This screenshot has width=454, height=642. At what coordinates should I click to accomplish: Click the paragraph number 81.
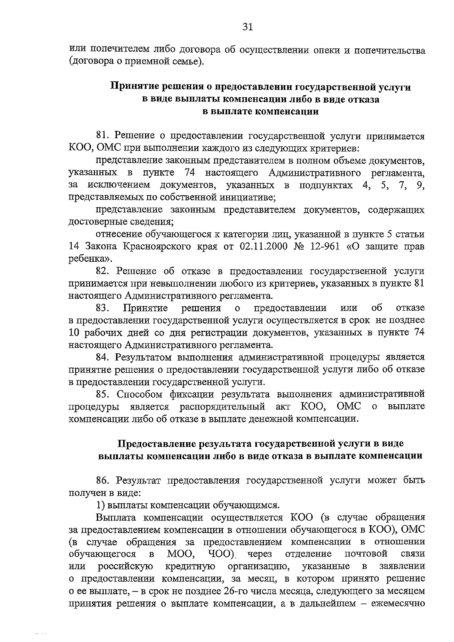point(103,136)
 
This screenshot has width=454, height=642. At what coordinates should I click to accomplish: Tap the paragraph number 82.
point(103,271)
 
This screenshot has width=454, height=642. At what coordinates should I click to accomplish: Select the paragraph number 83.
point(103,308)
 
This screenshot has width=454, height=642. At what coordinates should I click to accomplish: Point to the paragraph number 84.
point(103,357)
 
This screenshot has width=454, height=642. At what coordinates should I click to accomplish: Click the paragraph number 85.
point(103,394)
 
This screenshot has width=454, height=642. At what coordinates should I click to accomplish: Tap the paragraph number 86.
point(103,480)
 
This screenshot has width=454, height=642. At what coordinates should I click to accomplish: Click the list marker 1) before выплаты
point(101,505)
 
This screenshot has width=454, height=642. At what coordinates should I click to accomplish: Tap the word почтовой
point(366,554)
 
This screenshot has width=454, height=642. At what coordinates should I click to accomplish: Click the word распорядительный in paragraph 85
point(222,407)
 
